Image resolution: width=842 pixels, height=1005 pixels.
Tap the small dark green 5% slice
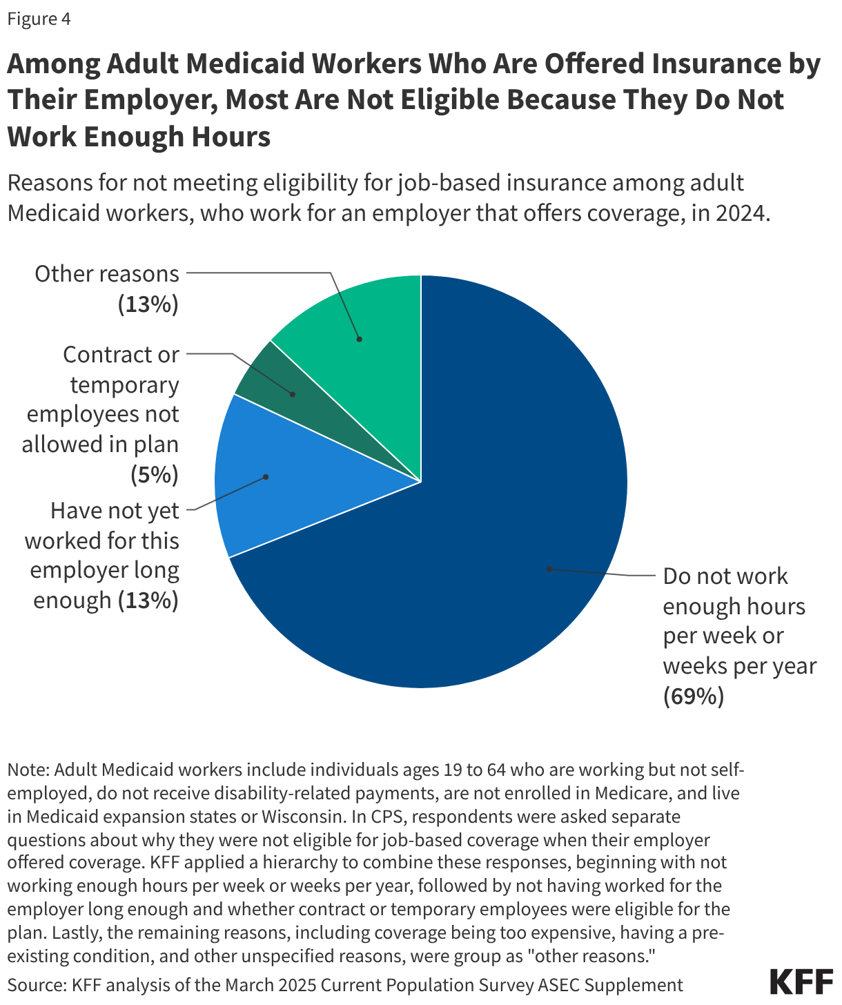tap(276, 387)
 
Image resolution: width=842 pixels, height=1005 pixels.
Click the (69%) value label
tap(694, 696)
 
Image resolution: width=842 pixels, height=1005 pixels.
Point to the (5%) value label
tap(155, 475)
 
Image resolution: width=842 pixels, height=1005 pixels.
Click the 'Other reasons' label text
tap(107, 274)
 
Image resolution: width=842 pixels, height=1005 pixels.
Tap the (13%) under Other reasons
tap(148, 304)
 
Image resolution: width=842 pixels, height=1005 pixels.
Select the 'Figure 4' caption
tap(39, 19)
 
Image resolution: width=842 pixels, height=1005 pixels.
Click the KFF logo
tap(801, 982)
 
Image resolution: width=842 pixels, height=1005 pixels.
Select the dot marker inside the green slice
tap(359, 339)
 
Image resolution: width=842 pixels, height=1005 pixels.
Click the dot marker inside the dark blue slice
tap(549, 569)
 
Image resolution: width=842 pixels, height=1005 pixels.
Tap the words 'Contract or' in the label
tap(121, 355)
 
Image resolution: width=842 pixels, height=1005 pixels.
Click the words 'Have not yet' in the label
tap(115, 511)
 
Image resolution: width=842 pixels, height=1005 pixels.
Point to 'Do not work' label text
tap(725, 576)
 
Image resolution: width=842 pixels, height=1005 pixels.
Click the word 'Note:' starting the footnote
tap(28, 770)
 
